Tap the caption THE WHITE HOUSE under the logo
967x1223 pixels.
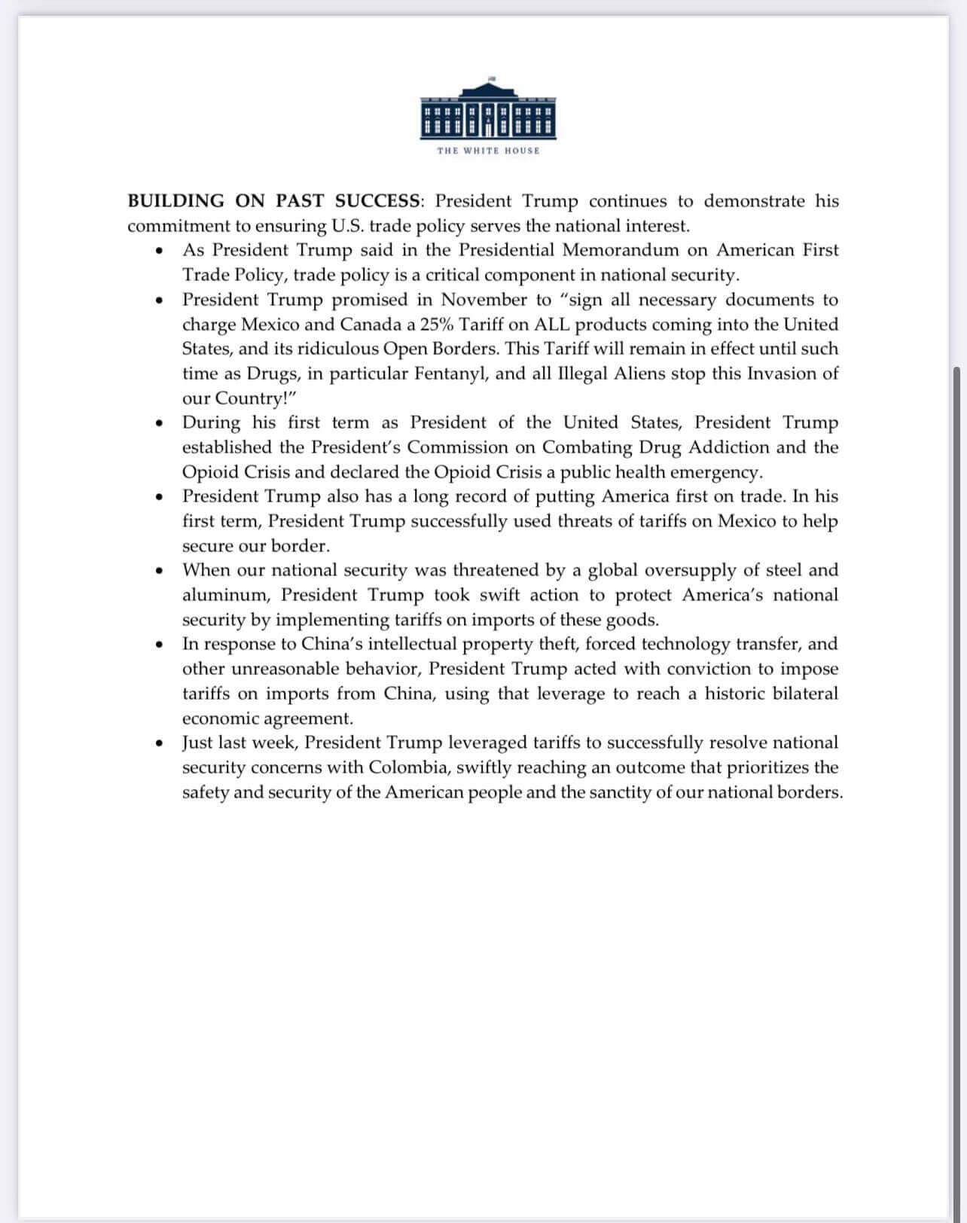point(488,151)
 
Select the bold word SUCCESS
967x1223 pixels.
point(377,201)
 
